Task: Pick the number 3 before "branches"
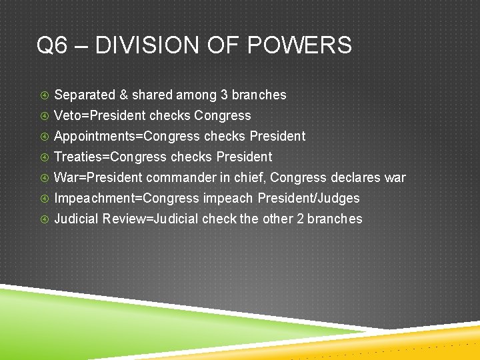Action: point(224,95)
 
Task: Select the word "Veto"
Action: point(67,115)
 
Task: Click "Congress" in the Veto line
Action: point(223,116)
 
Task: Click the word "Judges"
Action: point(339,199)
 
